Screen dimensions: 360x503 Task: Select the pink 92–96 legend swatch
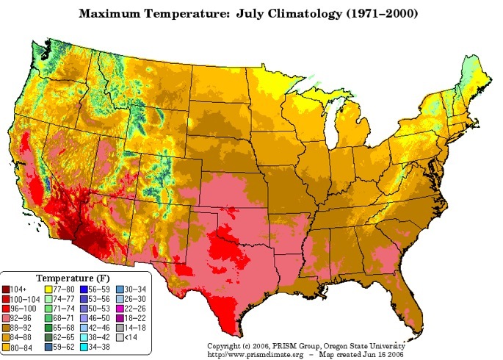click(7, 318)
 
